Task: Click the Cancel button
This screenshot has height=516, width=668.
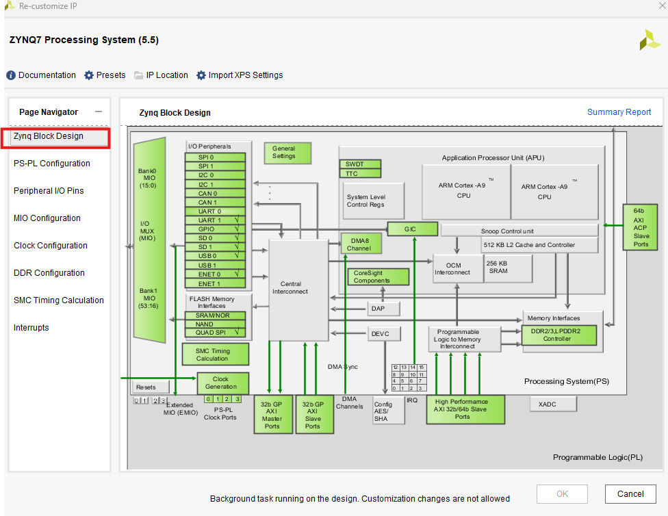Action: (x=630, y=494)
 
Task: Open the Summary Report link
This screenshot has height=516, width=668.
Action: (x=619, y=112)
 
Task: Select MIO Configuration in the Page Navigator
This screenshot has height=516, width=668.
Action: (x=47, y=218)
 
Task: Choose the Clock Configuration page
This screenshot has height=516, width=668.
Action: (x=51, y=246)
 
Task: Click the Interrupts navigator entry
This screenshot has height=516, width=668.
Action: (x=31, y=328)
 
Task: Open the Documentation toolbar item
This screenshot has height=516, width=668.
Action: (x=41, y=75)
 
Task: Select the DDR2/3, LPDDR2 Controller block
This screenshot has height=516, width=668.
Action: (x=559, y=335)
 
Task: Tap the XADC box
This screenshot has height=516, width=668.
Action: (x=552, y=404)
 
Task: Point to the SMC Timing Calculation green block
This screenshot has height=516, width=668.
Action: (x=214, y=354)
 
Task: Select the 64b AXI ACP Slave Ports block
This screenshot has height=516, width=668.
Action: (x=640, y=227)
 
